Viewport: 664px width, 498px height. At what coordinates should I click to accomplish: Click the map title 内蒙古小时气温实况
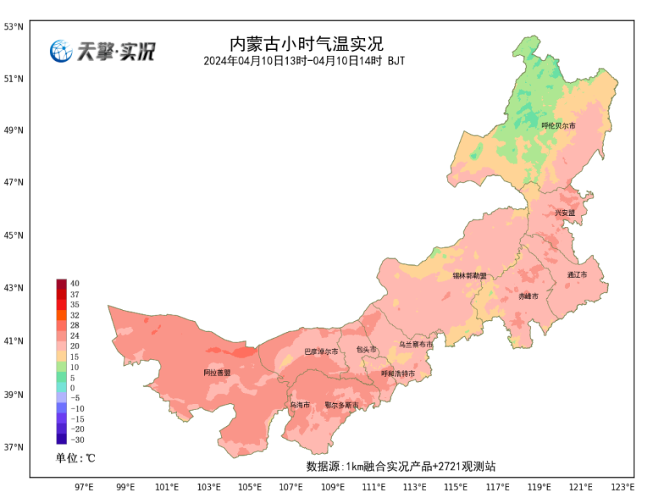click(306, 44)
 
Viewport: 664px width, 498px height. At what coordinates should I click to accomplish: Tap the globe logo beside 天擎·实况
click(60, 50)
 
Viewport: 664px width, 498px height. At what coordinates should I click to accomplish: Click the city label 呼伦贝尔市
click(558, 126)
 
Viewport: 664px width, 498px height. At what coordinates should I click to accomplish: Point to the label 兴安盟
click(565, 212)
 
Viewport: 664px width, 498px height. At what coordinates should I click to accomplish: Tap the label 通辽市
click(577, 275)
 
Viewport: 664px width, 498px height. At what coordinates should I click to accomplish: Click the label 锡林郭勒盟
click(470, 275)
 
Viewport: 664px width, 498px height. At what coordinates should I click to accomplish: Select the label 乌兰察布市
click(416, 344)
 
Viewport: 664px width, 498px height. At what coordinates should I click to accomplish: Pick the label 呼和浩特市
click(398, 373)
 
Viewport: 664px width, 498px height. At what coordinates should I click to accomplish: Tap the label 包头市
click(366, 349)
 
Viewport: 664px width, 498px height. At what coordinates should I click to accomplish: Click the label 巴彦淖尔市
click(322, 351)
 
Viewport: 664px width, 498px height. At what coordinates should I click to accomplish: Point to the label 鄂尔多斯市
click(342, 405)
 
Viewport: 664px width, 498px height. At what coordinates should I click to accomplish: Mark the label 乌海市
click(299, 405)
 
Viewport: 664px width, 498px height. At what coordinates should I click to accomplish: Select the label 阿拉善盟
click(217, 372)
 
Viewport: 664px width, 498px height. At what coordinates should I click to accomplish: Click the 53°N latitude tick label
click(14, 27)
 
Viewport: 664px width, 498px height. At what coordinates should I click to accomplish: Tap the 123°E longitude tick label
click(622, 487)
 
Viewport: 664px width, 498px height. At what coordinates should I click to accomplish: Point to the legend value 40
click(75, 284)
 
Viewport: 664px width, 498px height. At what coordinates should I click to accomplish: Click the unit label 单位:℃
click(75, 458)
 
